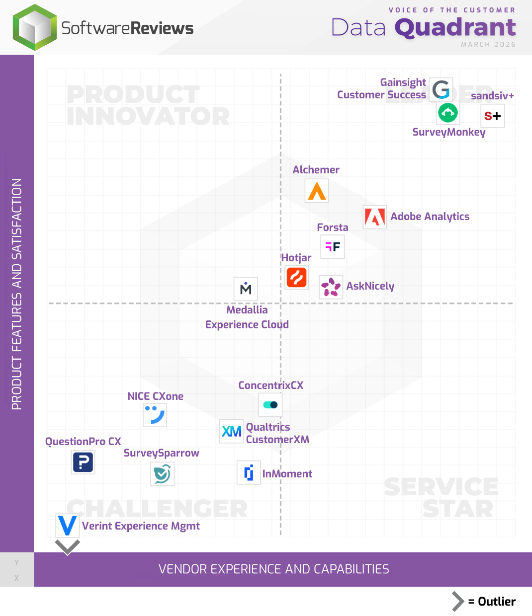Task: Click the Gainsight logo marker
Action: click(441, 89)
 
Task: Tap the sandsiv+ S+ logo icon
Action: click(492, 116)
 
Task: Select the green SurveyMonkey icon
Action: click(448, 113)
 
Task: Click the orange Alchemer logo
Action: click(317, 191)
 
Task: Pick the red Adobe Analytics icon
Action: click(375, 217)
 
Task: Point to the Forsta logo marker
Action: click(333, 247)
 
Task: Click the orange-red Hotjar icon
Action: click(297, 277)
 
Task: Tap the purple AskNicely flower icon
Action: click(331, 287)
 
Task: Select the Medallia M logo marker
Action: click(246, 289)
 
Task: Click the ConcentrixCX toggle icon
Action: click(270, 405)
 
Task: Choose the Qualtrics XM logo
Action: click(232, 431)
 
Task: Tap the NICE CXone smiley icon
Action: click(155, 415)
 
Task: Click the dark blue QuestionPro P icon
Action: click(83, 462)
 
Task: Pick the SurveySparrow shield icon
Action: click(162, 473)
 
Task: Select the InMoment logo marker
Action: click(249, 472)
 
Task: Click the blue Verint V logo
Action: click(67, 526)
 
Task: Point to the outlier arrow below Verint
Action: click(68, 547)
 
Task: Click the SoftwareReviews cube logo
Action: click(35, 27)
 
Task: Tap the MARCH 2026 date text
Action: click(488, 44)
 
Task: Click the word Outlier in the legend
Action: click(496, 602)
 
